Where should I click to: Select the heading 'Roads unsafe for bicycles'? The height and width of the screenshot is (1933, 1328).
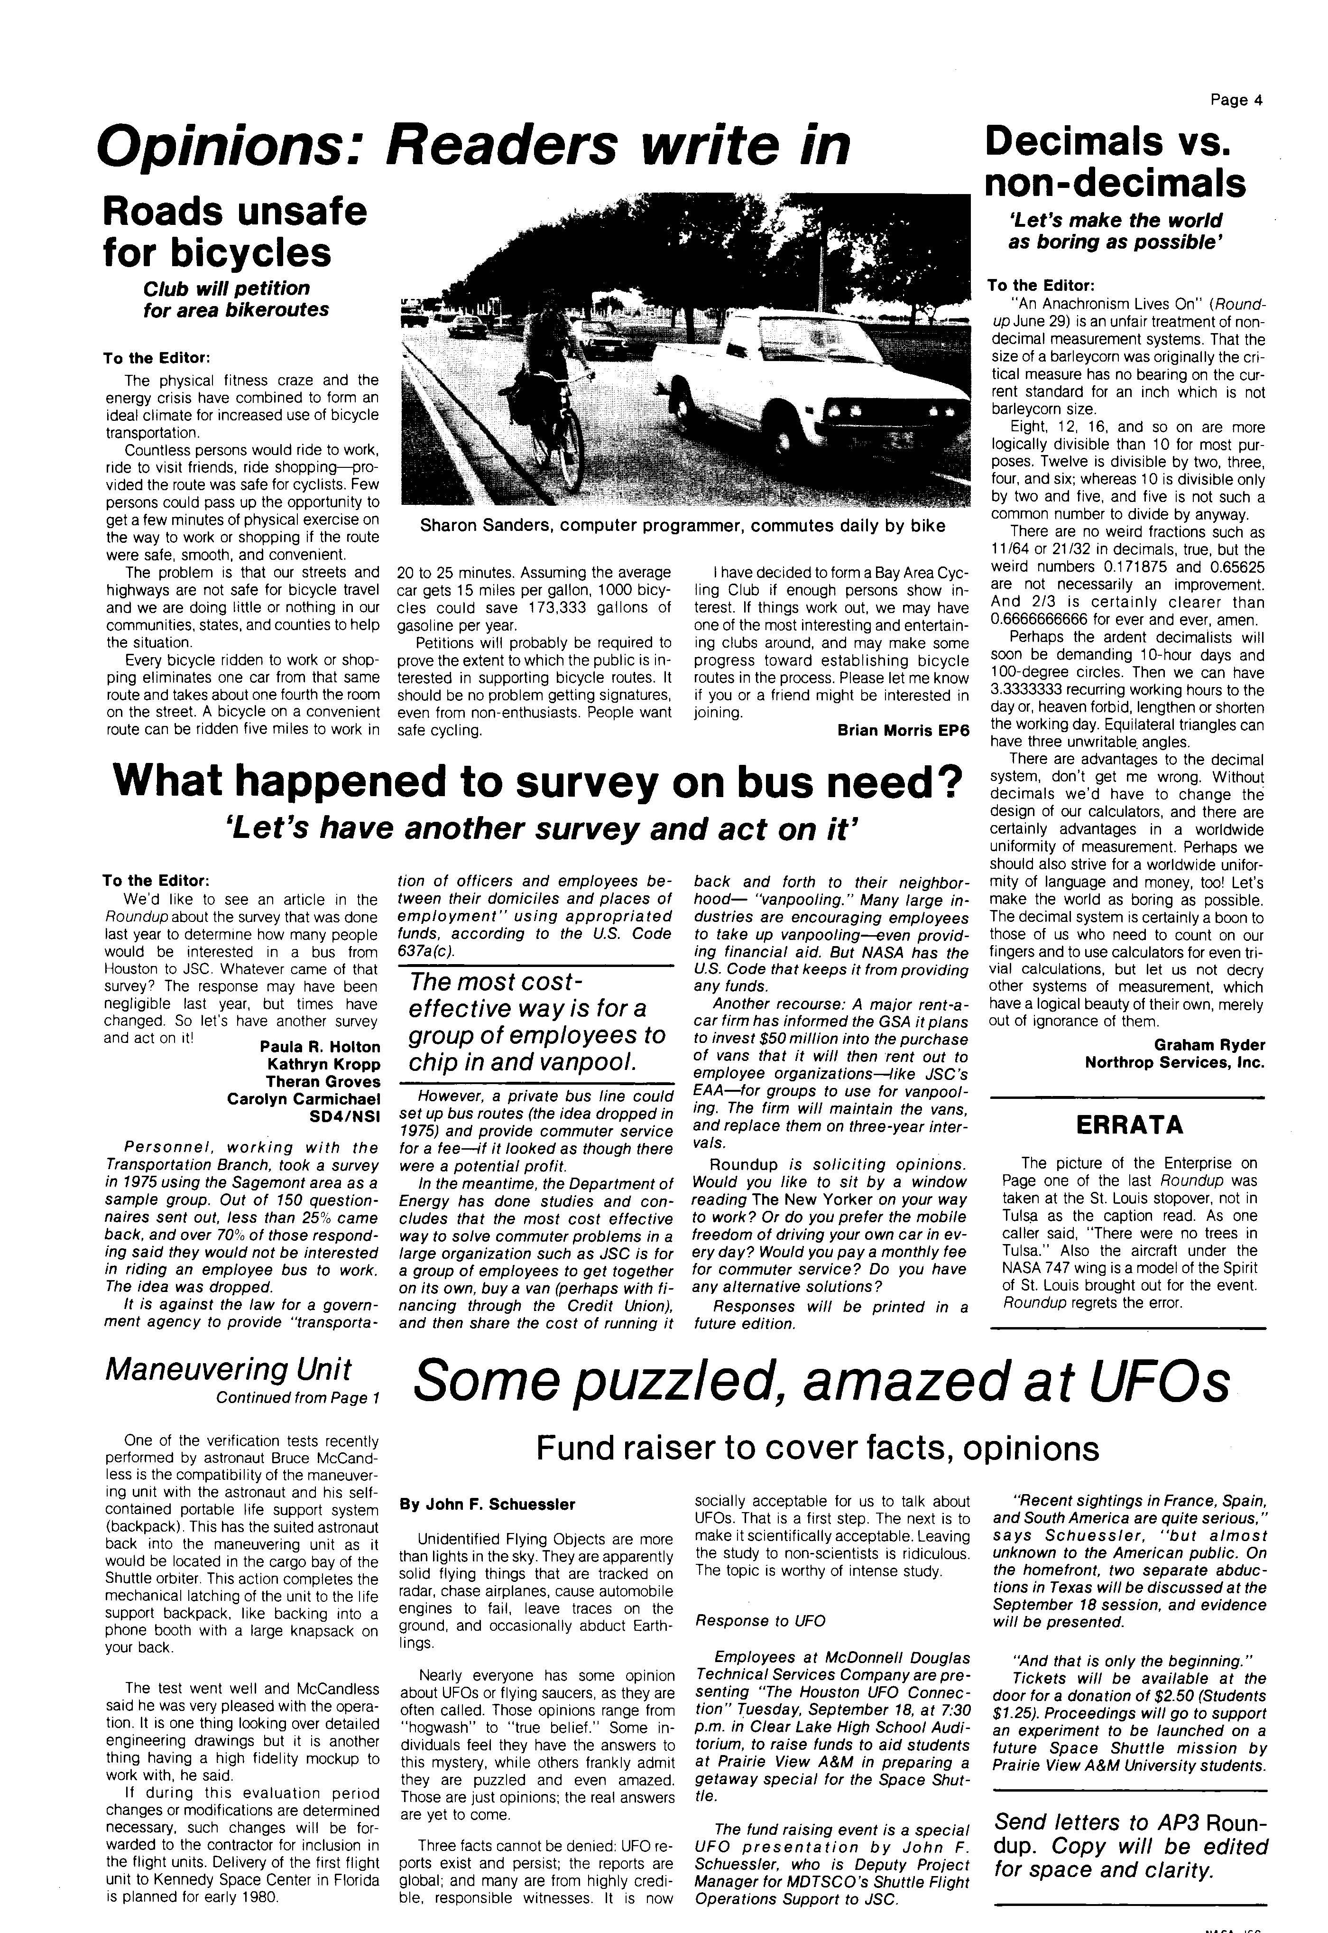[235, 232]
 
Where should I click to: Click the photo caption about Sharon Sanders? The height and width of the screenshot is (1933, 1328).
[682, 526]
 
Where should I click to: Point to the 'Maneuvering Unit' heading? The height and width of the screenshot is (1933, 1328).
[229, 1369]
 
